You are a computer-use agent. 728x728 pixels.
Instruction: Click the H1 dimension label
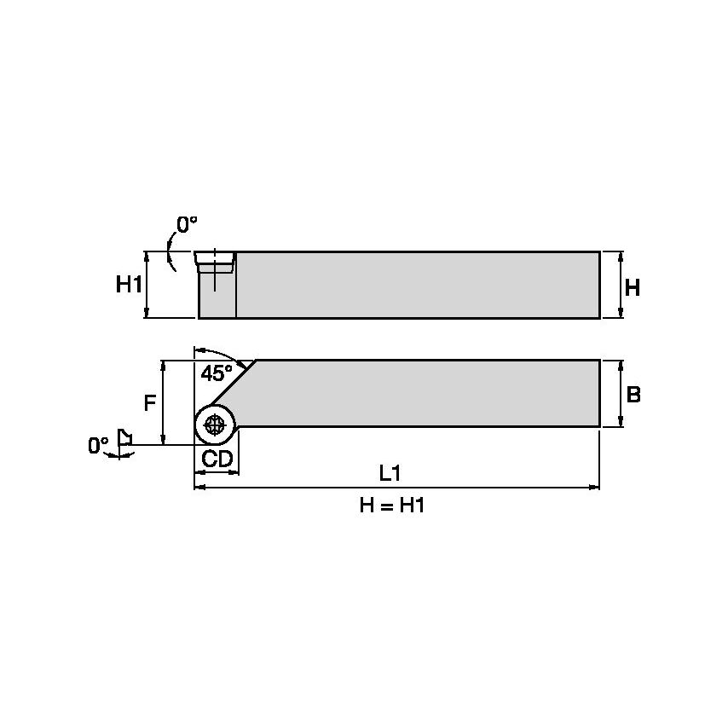pyautogui.click(x=129, y=285)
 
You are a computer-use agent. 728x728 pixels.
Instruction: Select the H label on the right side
pyautogui.click(x=632, y=288)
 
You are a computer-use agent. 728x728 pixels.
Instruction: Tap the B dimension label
pyautogui.click(x=633, y=395)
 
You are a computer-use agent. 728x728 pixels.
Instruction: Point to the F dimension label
pyautogui.click(x=149, y=402)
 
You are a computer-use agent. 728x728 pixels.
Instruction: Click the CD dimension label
pyautogui.click(x=217, y=459)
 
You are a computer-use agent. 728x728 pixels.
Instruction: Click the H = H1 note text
pyautogui.click(x=391, y=506)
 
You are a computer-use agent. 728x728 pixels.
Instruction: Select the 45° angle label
pyautogui.click(x=216, y=373)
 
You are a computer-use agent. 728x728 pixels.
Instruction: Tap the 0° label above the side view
pyautogui.click(x=187, y=225)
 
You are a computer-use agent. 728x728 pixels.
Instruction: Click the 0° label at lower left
pyautogui.click(x=98, y=446)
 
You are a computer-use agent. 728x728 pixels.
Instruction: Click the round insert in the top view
pyautogui.click(x=216, y=424)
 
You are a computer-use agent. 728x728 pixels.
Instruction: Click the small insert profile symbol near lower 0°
pyautogui.click(x=124, y=437)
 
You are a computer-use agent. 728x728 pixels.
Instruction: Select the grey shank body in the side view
pyautogui.click(x=418, y=285)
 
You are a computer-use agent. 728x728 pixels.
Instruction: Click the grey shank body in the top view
pyautogui.click(x=426, y=393)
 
